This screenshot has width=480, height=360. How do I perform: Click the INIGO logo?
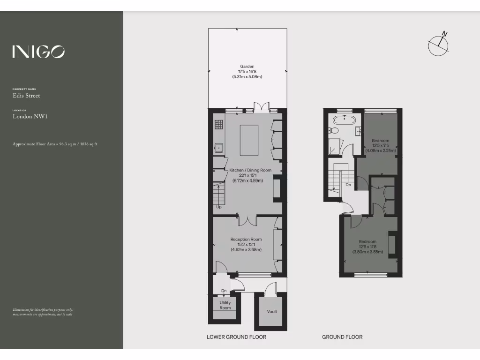(x=38, y=52)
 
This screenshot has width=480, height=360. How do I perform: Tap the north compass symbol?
(x=439, y=44)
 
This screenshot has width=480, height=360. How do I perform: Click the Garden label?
(x=247, y=67)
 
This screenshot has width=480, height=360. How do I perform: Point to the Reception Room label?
(x=246, y=239)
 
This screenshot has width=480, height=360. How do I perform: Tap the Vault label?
(x=272, y=312)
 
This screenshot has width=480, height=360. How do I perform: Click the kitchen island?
(x=249, y=140)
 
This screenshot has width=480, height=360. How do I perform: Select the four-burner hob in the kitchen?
(x=219, y=125)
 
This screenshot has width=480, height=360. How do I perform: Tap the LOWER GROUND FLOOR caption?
(x=236, y=337)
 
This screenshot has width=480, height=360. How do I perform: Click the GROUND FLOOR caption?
(x=342, y=337)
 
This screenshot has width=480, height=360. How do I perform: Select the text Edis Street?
(x=26, y=96)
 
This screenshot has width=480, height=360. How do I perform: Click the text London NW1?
(x=30, y=116)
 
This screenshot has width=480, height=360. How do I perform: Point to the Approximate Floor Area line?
(x=55, y=144)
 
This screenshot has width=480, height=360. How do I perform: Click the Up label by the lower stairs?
(x=218, y=207)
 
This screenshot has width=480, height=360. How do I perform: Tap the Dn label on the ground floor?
(x=348, y=185)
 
